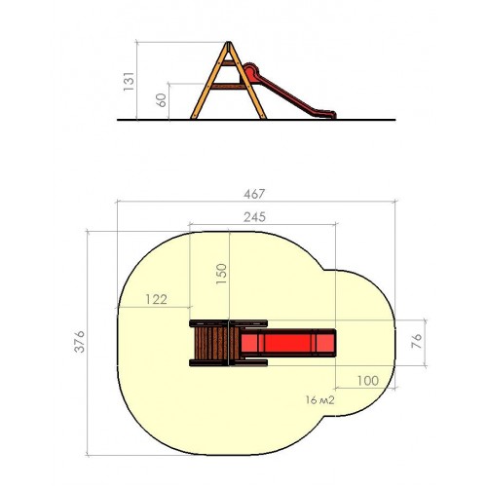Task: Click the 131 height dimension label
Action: click(129, 81)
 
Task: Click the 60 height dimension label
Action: click(162, 100)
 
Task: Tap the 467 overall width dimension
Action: click(254, 194)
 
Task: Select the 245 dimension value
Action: click(254, 217)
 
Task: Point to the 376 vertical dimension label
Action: click(80, 342)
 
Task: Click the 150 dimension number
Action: click(221, 274)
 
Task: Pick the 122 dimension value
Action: click(156, 299)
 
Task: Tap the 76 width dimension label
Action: click(417, 341)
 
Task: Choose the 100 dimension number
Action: click(368, 381)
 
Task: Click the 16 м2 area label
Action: click(319, 400)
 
